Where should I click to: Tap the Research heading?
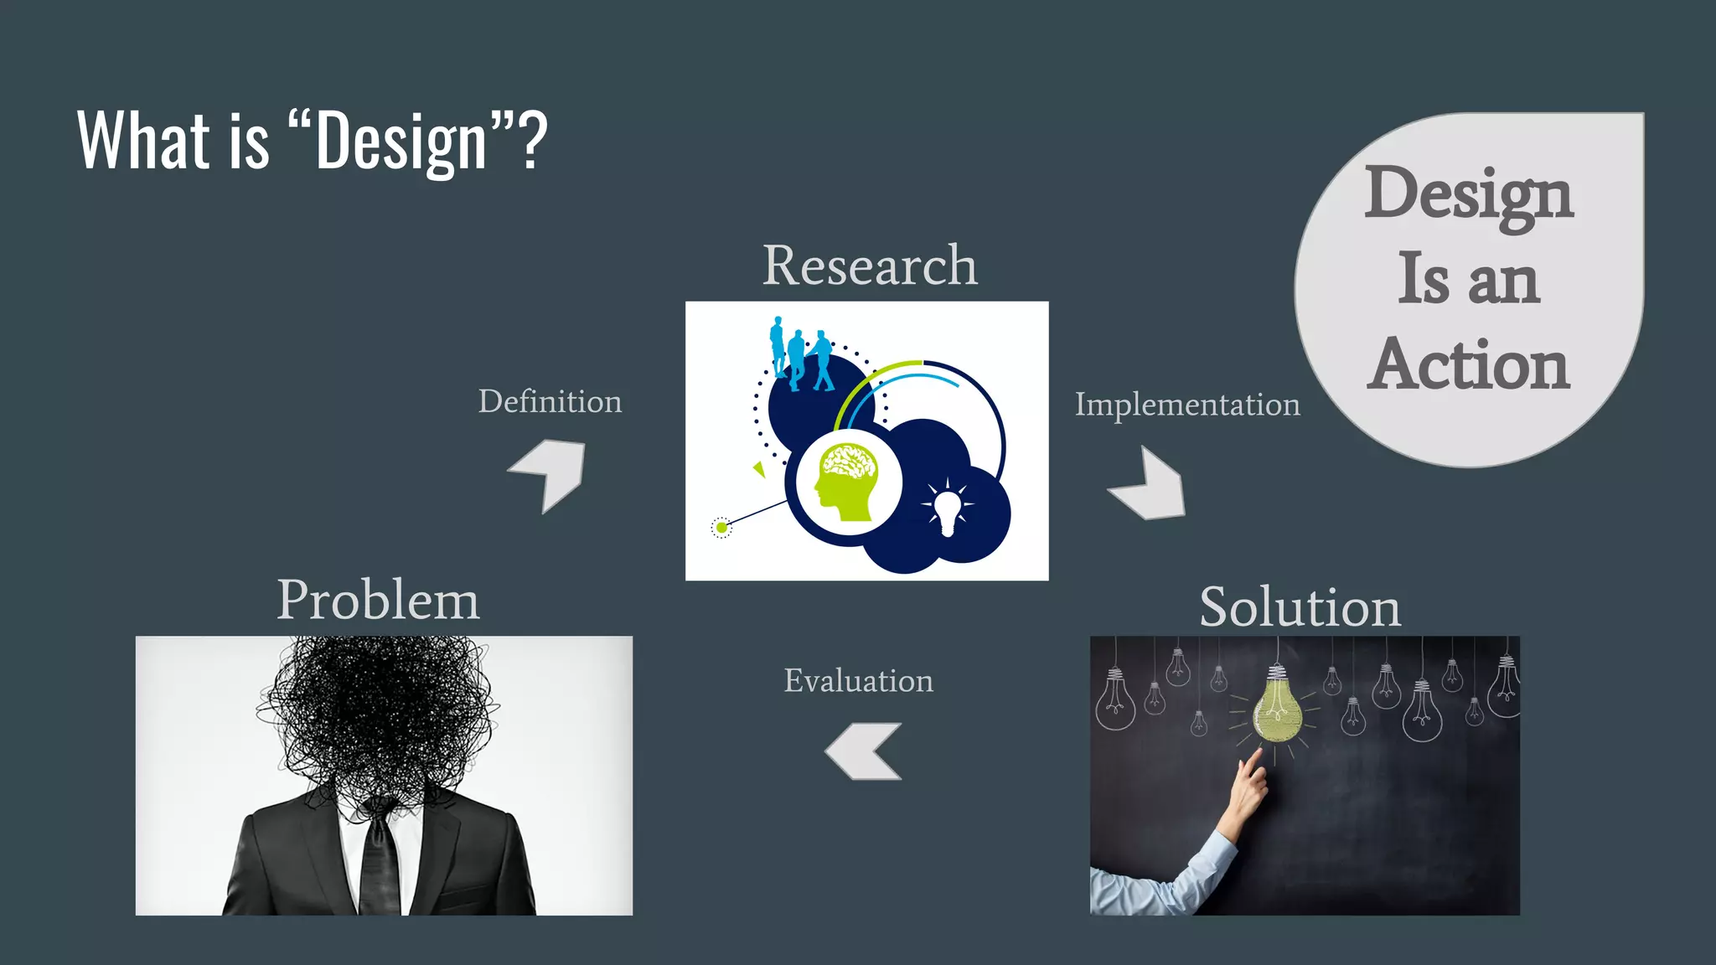click(x=870, y=266)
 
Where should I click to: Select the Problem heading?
click(x=379, y=600)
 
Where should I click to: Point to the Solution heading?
click(x=1300, y=606)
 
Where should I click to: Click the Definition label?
click(x=550, y=402)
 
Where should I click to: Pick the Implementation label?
click(x=1187, y=405)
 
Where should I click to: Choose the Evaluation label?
click(x=858, y=680)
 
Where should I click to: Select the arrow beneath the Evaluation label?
click(x=863, y=751)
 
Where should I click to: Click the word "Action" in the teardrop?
click(x=1470, y=365)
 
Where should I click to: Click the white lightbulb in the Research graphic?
click(x=947, y=509)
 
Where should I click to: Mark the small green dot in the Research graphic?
click(x=721, y=528)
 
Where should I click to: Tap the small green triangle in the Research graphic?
click(x=759, y=469)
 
